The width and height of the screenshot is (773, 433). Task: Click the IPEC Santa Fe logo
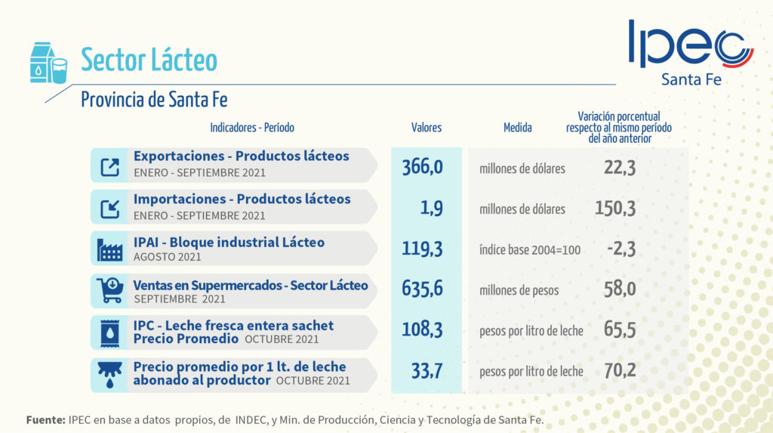(x=690, y=51)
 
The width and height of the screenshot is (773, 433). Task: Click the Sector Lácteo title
(x=149, y=60)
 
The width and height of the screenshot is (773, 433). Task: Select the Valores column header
(x=427, y=128)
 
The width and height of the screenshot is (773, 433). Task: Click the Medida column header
(x=518, y=128)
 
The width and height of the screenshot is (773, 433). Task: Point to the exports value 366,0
(x=422, y=167)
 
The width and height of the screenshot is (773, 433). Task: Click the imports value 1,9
(x=431, y=208)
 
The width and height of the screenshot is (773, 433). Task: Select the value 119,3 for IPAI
(x=422, y=249)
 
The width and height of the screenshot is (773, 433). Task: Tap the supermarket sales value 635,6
(x=422, y=289)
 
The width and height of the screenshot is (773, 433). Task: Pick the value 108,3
(x=422, y=330)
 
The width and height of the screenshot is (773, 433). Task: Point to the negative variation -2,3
(x=621, y=249)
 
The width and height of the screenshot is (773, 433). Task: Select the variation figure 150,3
(x=615, y=208)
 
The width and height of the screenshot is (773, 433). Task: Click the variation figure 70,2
(x=620, y=371)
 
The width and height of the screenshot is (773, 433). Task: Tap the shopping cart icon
(x=110, y=289)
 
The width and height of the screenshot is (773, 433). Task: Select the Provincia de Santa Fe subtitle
(x=154, y=99)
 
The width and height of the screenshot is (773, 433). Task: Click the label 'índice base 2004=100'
(x=530, y=249)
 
